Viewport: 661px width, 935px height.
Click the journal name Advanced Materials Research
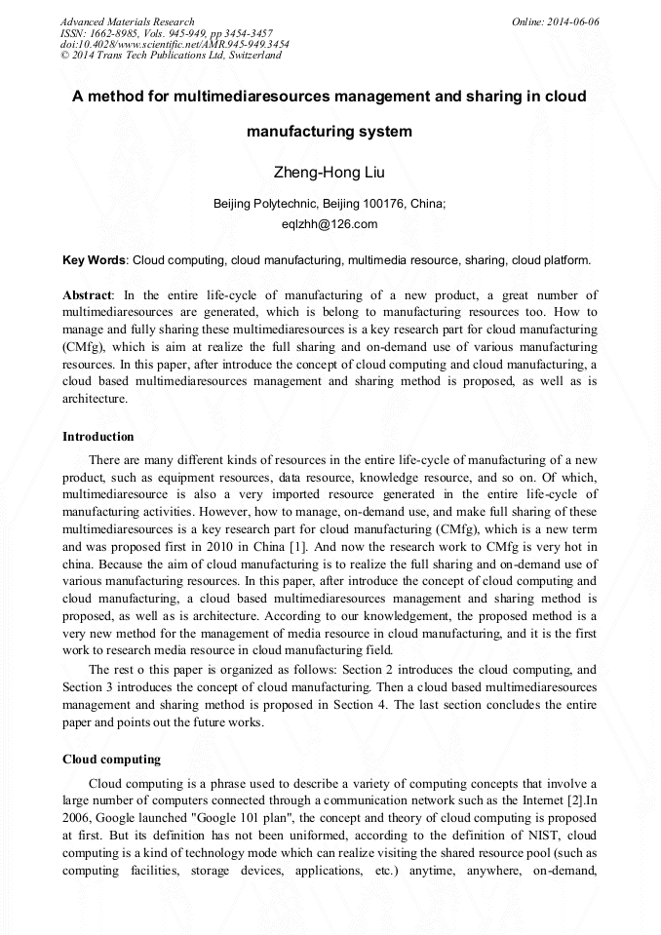127,21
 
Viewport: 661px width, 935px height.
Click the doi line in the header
174,44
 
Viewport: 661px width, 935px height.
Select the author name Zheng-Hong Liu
330,174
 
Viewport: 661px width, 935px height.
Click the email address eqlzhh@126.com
330,224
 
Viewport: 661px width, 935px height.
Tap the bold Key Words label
94,260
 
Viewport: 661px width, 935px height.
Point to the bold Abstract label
87,294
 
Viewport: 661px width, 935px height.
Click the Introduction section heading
98,436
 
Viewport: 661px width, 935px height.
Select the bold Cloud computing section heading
111,759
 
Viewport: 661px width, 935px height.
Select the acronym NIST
546,836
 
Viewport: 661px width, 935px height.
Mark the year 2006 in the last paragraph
79,818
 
